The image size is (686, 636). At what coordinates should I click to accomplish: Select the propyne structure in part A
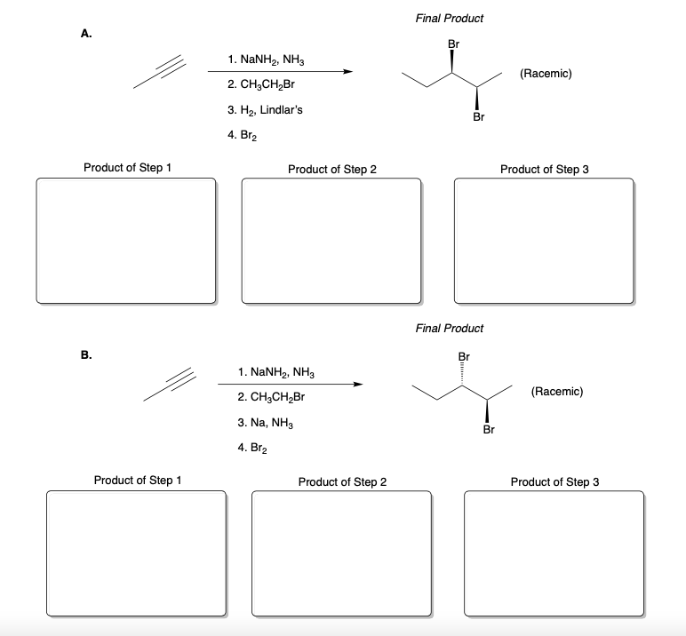pyautogui.click(x=161, y=74)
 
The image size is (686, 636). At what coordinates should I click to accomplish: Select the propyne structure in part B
pyautogui.click(x=170, y=388)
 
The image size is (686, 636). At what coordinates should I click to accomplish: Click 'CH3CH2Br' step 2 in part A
pyautogui.click(x=264, y=85)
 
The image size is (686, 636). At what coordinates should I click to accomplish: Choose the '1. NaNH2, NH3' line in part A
pyautogui.click(x=268, y=61)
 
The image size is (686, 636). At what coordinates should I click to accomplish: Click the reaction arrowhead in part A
pyautogui.click(x=349, y=73)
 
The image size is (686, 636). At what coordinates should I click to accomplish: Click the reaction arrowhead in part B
pyautogui.click(x=358, y=385)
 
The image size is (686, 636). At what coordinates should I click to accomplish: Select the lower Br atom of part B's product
pyautogui.click(x=488, y=430)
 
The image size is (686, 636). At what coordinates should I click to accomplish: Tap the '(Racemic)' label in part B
pyautogui.click(x=555, y=390)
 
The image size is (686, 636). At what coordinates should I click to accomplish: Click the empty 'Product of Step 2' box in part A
pyautogui.click(x=331, y=241)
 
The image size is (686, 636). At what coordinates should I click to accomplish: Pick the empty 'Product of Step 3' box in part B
pyautogui.click(x=554, y=552)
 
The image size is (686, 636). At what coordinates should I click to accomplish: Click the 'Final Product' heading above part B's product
pyautogui.click(x=449, y=329)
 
